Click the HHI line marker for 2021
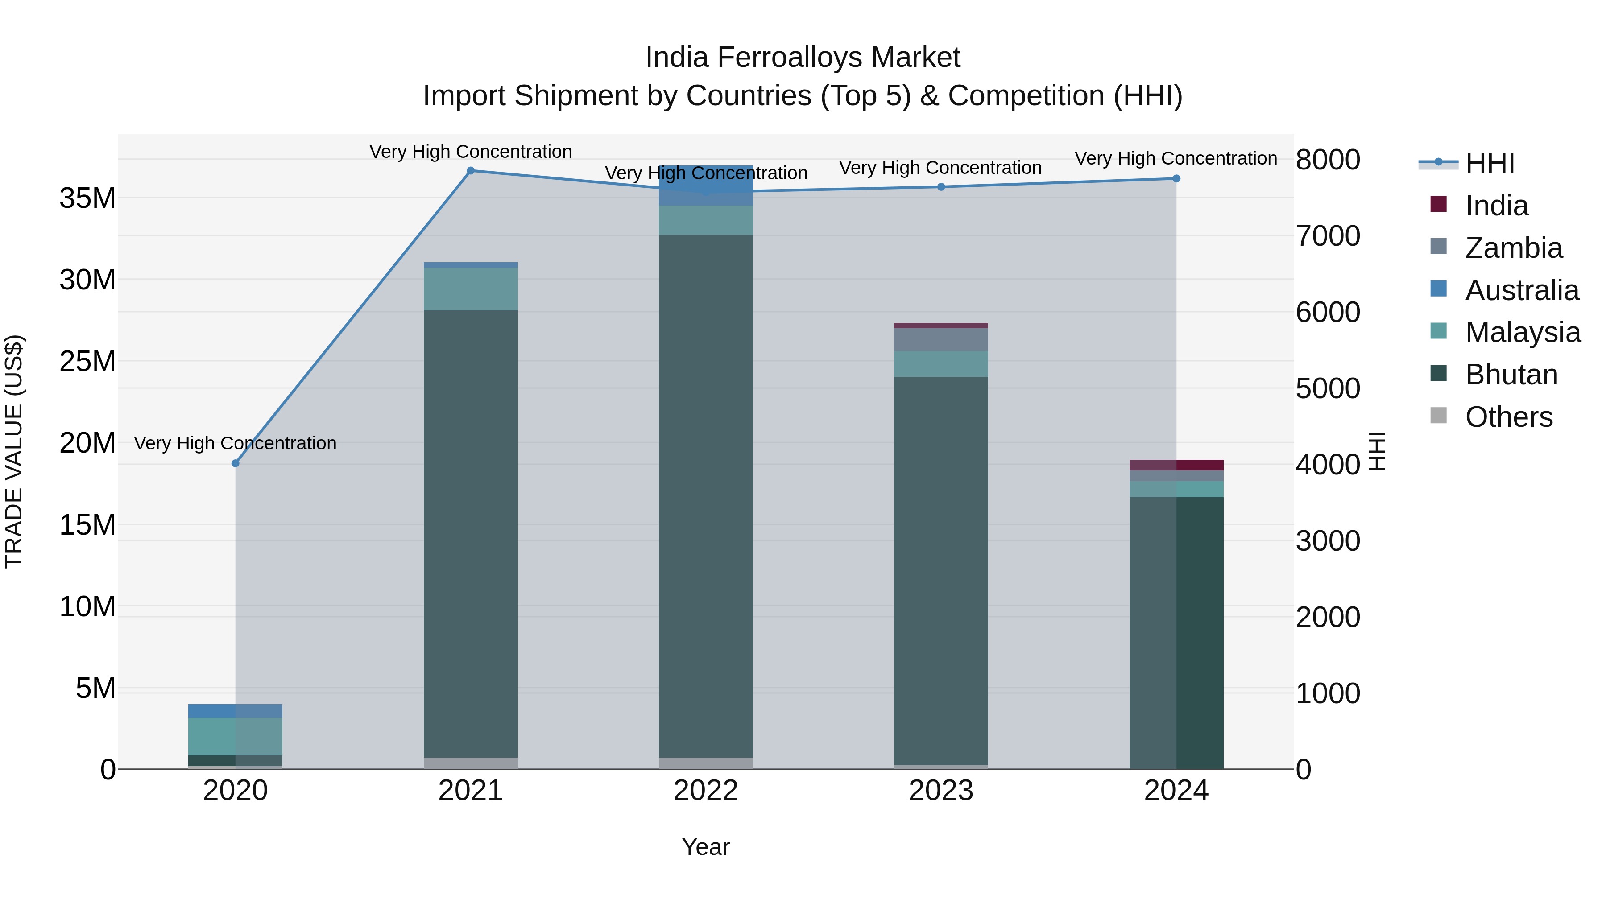471,170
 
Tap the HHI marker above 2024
1176,178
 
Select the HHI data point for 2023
941,186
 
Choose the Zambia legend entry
1513,247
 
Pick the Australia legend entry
1521,290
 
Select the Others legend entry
1508,416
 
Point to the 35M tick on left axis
87,198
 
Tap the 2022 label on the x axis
706,790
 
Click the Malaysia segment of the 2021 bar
471,289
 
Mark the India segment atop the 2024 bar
1176,465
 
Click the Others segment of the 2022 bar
706,763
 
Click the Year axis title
705,847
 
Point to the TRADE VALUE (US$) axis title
14,451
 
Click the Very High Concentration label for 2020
235,443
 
